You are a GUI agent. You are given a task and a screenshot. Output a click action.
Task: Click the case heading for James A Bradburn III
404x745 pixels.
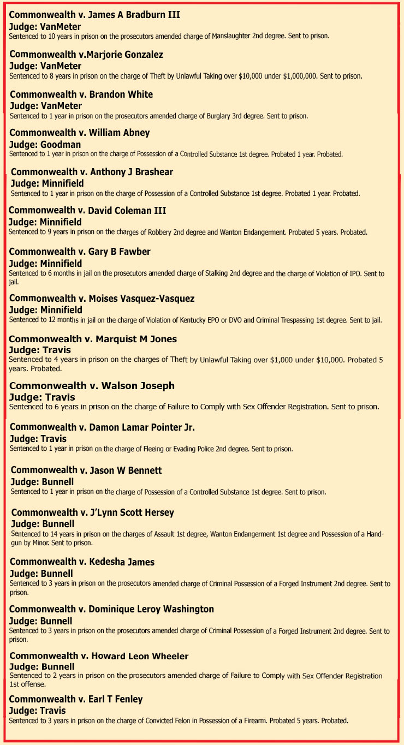tap(94, 15)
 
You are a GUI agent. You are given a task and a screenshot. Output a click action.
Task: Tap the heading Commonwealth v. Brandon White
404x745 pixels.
tap(81, 94)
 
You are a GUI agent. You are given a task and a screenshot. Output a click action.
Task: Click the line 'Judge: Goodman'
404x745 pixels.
tap(45, 145)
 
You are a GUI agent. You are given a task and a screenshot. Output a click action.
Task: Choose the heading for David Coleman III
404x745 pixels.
tap(87, 210)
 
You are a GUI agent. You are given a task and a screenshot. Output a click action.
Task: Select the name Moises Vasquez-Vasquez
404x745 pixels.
tap(141, 299)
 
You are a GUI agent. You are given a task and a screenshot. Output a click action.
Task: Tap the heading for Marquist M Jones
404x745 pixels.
tap(93, 339)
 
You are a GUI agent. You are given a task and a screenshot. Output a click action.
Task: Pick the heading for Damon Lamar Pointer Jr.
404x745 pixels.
tap(102, 427)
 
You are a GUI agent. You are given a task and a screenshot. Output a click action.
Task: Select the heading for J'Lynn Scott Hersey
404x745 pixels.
tap(93, 512)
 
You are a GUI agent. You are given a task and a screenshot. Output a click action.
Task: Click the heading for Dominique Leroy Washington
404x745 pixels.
tap(111, 609)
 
